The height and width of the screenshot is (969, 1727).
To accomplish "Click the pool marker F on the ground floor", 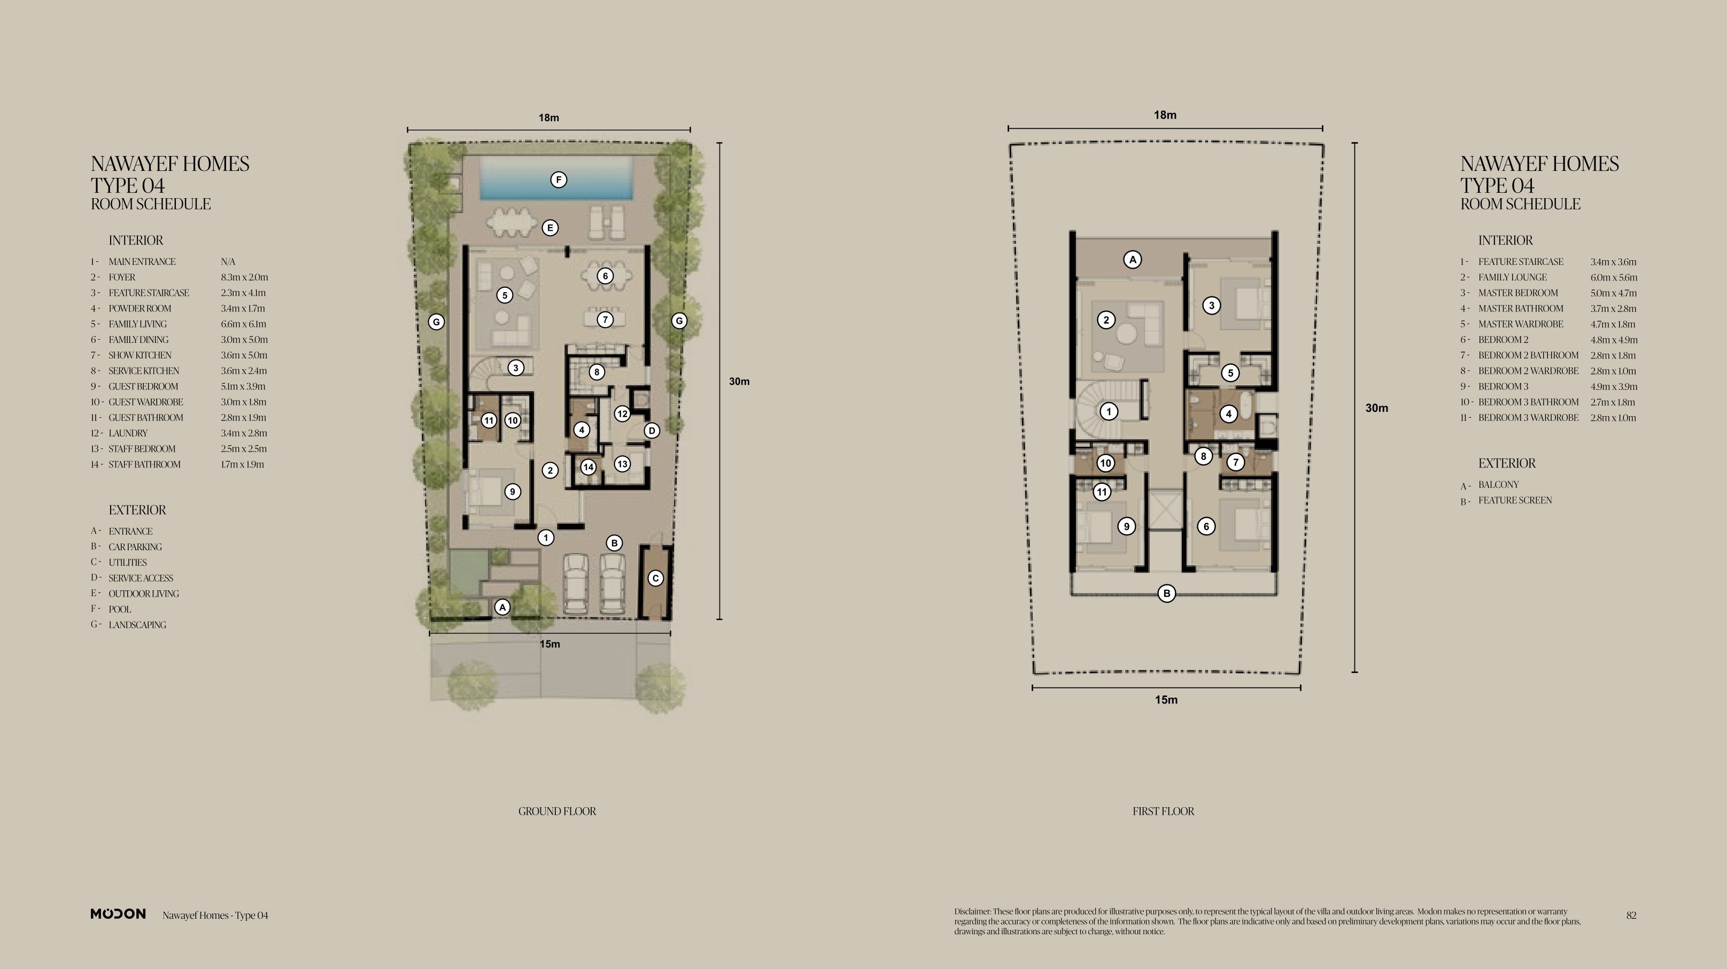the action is coord(559,179).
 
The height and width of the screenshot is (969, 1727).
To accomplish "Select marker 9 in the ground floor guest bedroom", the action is coord(512,492).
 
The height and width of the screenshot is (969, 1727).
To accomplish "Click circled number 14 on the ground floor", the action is coord(588,467).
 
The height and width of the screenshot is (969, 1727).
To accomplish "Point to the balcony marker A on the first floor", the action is coord(1132,259).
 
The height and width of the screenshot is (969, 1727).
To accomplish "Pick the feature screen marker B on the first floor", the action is coord(1166,593).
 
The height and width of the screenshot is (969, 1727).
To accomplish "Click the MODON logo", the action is coord(118,914).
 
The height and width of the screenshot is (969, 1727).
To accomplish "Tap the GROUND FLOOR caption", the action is coord(557,811).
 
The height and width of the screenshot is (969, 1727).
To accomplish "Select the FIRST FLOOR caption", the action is coord(1163,811).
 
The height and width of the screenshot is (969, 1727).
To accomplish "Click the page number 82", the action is coord(1631,916).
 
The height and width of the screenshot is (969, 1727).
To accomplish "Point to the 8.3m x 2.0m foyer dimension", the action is coord(245,277).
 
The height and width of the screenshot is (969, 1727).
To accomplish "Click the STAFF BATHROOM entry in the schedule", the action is coord(145,464).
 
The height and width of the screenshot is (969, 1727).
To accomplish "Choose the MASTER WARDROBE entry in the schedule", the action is coord(1521,324).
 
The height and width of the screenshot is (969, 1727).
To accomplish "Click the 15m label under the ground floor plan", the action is coord(550,644).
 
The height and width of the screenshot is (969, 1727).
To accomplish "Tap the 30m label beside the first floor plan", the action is coord(1377,408).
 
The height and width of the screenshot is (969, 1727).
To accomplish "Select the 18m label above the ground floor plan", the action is coord(549,118).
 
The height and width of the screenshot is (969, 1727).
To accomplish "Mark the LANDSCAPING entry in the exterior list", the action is coord(137,625).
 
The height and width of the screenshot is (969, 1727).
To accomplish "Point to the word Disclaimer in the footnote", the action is coord(972,911).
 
